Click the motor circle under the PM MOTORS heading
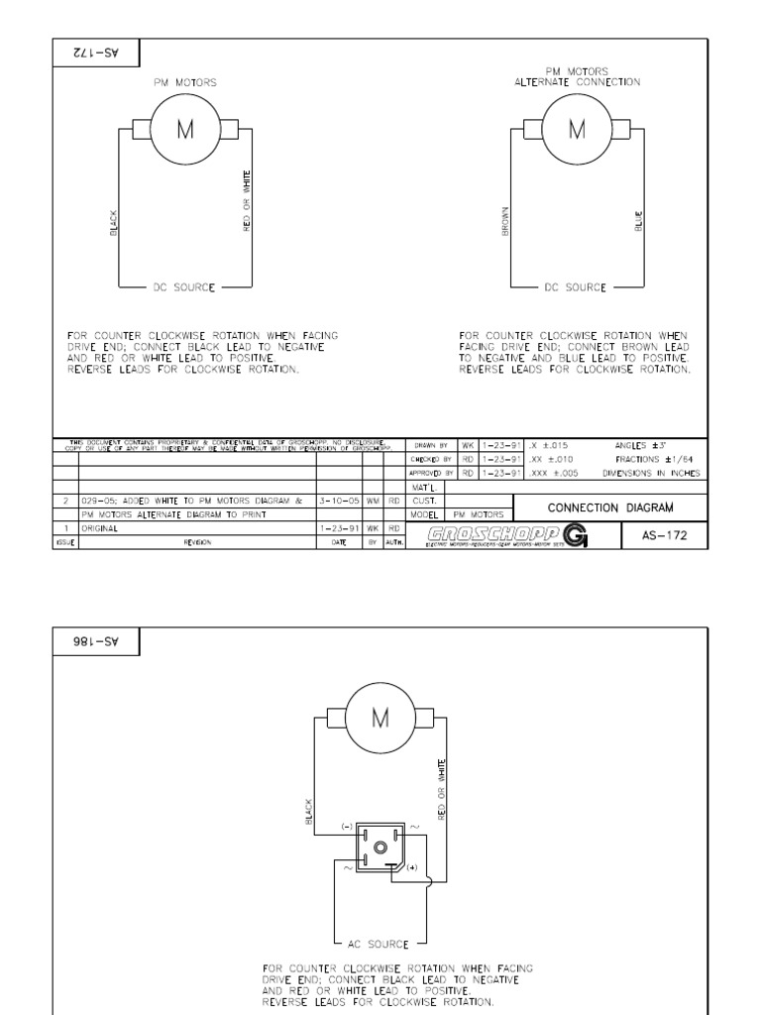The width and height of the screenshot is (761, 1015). tap(184, 131)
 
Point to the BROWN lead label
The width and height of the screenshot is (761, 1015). tap(505, 220)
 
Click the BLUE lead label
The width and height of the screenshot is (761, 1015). tap(639, 220)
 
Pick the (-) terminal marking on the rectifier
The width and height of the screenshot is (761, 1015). tap(347, 825)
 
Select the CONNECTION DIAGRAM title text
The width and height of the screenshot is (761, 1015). tap(610, 507)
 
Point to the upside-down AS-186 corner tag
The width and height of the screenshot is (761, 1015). tap(96, 641)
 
